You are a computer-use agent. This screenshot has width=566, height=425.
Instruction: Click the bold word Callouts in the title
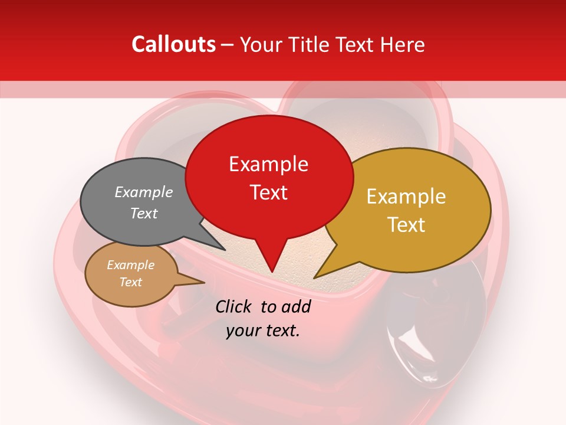click(x=173, y=44)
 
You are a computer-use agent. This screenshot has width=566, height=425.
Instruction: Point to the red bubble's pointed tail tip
click(x=272, y=272)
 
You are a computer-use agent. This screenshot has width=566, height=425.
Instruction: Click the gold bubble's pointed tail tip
click(x=314, y=278)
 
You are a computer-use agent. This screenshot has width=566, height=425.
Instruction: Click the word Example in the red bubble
click(x=269, y=164)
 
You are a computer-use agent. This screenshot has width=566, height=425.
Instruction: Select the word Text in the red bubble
click(x=269, y=192)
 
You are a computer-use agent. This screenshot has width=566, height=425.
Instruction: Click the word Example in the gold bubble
click(x=406, y=197)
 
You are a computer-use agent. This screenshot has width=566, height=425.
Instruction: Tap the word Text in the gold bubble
click(x=406, y=225)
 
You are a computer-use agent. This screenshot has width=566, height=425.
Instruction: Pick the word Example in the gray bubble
click(x=144, y=192)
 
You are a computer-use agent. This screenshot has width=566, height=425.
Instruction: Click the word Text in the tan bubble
click(x=131, y=282)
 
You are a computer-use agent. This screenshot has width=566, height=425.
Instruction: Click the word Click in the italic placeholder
click(x=235, y=306)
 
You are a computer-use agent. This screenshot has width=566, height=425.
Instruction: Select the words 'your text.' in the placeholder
click(x=263, y=331)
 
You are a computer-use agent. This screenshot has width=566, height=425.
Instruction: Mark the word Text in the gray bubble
click(x=144, y=214)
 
